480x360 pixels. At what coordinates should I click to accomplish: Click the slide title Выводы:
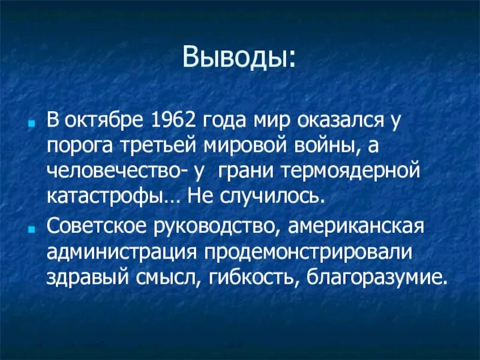[x=239, y=58]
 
